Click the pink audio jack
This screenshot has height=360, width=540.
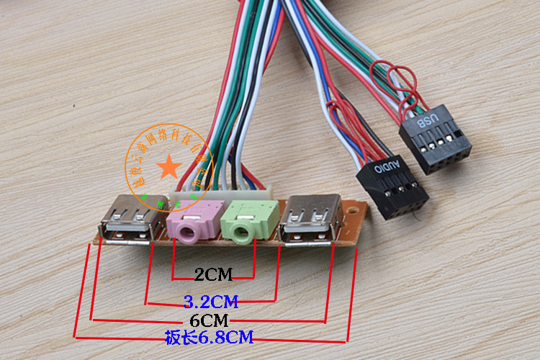pos(191,222)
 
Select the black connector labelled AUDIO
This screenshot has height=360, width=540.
pos(391,186)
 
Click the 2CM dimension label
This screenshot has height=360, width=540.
pos(213,274)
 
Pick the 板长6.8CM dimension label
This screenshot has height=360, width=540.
pos(209,336)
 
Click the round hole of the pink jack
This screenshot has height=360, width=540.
pos(188,233)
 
